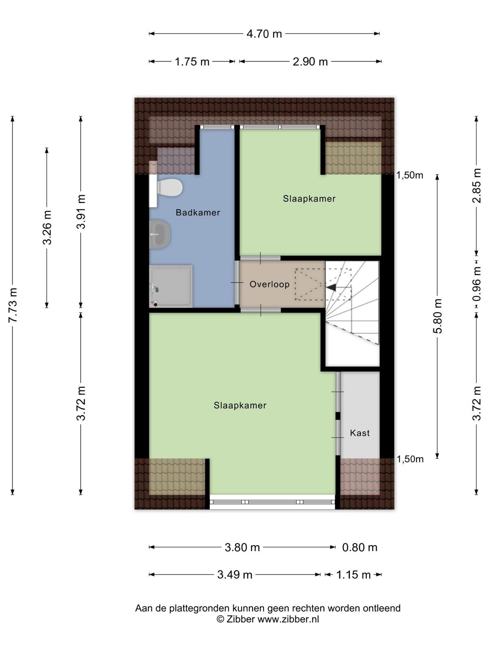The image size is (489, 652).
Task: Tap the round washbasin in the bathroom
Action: coord(160,234)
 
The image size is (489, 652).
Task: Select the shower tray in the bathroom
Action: coord(171,286)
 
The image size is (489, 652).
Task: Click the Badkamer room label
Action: coord(198,212)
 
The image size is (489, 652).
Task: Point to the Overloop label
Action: coord(270,284)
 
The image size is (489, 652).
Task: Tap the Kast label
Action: coord(360,433)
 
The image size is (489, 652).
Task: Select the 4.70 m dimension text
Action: coord(264,34)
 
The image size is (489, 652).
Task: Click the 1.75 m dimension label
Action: coord(192,62)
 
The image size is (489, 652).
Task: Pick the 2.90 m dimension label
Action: coord(310,62)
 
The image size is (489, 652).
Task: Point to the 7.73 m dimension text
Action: coord(13,305)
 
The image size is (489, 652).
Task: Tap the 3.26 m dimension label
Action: coord(47,227)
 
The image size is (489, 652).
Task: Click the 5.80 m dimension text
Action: coord(438,316)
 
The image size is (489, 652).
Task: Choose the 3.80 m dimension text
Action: coord(242,547)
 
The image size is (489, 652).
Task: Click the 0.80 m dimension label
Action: coord(359,547)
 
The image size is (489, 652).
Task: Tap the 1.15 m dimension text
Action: coord(354,575)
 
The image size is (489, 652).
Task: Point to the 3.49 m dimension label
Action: coord(235,575)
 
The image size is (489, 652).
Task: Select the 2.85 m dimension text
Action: coord(476,186)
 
